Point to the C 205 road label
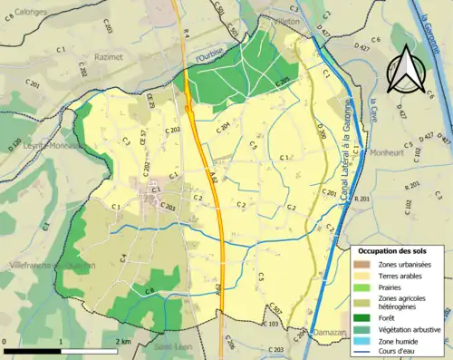[x=282, y=82]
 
